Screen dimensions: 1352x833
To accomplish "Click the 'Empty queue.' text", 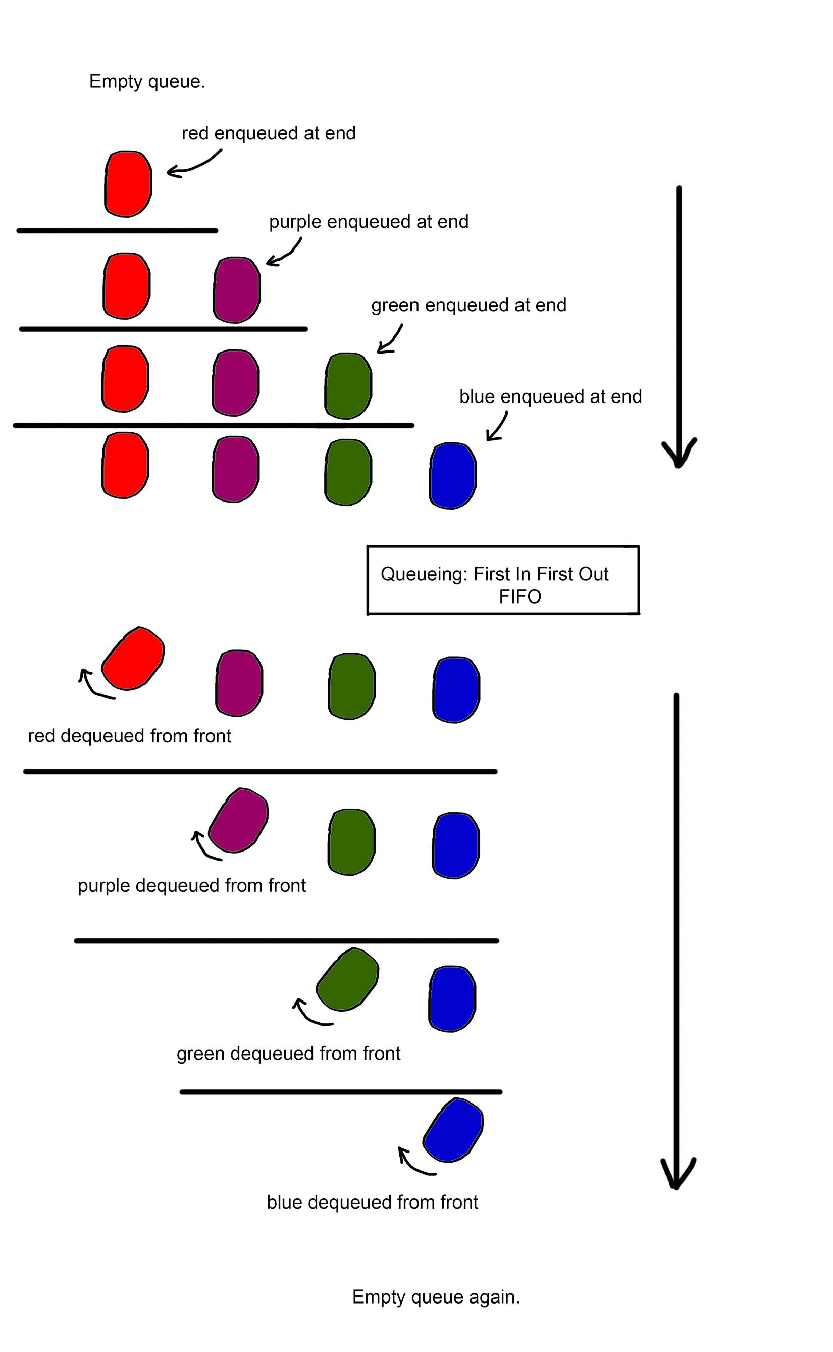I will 147,82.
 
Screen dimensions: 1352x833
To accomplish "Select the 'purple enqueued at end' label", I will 369,222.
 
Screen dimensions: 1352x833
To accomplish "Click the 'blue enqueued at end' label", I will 550,397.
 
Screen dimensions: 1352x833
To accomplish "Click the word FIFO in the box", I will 519,596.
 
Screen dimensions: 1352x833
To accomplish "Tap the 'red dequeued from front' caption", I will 129,736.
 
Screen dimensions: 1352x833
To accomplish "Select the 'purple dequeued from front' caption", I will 191,885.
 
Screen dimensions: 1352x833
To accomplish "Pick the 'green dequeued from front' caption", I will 288,1054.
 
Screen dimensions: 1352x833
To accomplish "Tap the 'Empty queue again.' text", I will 436,1297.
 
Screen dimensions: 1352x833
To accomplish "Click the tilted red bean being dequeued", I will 133,658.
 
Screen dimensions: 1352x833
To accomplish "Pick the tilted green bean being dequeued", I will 348,979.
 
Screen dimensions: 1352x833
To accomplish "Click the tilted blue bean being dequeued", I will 453,1130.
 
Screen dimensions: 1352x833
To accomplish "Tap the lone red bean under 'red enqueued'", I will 128,183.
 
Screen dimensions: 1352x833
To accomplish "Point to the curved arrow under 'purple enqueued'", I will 284,254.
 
